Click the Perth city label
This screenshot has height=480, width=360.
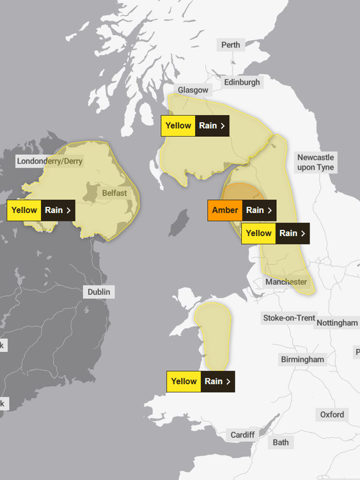[x=231, y=45]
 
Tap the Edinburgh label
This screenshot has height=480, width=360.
[x=242, y=83]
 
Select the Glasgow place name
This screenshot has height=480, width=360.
[x=193, y=90]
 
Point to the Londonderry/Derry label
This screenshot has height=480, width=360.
[x=50, y=161]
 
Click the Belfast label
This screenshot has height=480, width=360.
[x=114, y=193]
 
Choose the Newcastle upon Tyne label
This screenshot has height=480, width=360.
[x=315, y=163]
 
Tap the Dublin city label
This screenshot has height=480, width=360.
[x=98, y=292]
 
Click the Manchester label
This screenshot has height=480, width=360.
[x=286, y=282]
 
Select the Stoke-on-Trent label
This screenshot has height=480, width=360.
[x=289, y=318]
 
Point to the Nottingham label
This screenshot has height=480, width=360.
[x=337, y=323]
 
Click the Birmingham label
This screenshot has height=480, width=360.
[x=302, y=360]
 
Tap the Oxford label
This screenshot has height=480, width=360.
[x=332, y=415]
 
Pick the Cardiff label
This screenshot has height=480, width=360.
[x=242, y=435]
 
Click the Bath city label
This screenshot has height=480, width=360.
[x=280, y=442]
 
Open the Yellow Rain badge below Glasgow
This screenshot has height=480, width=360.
[x=195, y=125]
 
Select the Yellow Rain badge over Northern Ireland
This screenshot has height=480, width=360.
[x=41, y=210]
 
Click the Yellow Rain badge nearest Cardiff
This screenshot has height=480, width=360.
[x=200, y=381]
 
